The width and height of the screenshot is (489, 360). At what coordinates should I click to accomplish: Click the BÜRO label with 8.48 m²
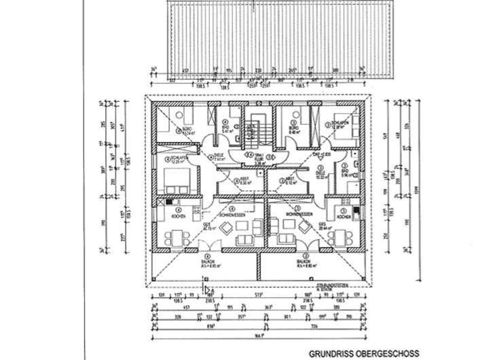tap(293, 131)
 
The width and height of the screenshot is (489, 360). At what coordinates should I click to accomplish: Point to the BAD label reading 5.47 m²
tap(225, 128)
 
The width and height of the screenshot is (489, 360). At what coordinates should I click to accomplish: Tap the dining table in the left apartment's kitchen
tap(176, 238)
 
